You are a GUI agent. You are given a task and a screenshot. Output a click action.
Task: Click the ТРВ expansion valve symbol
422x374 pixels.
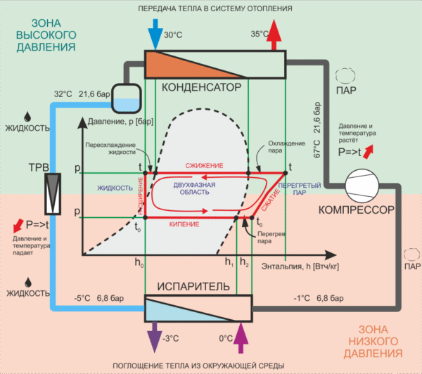tap(53, 191)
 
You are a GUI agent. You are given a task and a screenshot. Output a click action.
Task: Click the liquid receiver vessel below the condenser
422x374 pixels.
tap(124, 99)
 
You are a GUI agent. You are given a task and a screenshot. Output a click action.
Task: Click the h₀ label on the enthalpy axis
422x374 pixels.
tap(139, 264)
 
